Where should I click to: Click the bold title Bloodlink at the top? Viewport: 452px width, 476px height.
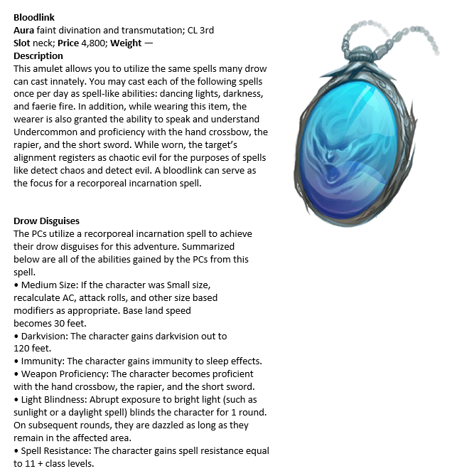point(34,16)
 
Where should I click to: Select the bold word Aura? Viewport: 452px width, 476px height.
point(25,30)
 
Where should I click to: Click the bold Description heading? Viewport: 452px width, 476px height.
point(38,55)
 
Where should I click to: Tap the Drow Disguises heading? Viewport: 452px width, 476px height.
point(46,221)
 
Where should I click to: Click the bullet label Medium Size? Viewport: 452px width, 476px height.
point(47,285)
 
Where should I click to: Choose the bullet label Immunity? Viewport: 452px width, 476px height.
point(41,361)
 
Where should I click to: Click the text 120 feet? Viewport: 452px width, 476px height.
point(32,348)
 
